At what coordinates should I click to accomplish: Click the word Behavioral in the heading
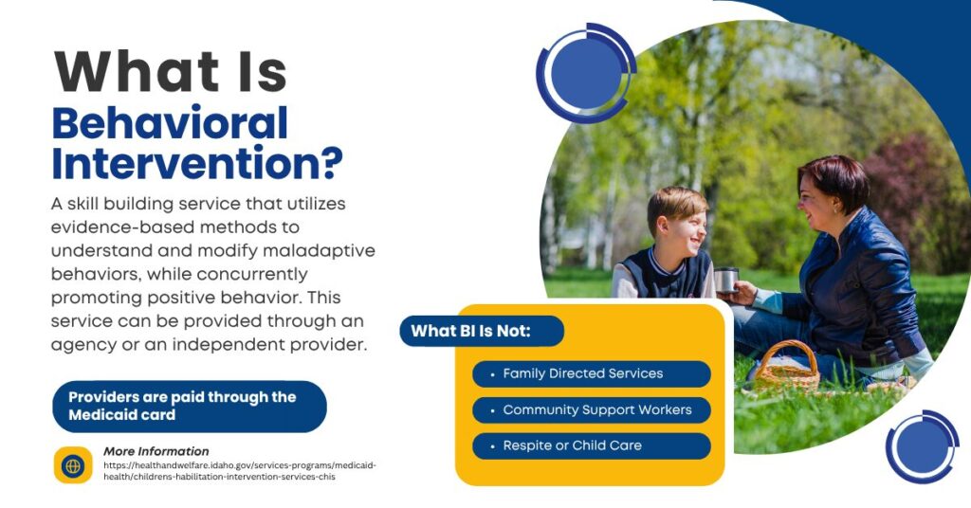point(171,122)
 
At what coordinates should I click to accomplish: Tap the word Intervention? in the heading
point(197,163)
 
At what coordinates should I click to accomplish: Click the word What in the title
point(137,71)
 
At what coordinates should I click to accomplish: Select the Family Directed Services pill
point(592,373)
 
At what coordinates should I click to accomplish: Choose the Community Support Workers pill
point(592,409)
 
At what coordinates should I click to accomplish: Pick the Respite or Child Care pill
point(592,445)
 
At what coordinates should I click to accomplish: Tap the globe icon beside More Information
point(73,465)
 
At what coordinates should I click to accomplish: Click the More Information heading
point(156,451)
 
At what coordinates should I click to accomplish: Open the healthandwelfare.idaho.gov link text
point(240,471)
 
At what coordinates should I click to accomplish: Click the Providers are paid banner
point(190,406)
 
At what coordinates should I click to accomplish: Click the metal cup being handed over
point(725,280)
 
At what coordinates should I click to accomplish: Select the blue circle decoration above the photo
point(586,73)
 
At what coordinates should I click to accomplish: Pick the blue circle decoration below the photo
point(922,446)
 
